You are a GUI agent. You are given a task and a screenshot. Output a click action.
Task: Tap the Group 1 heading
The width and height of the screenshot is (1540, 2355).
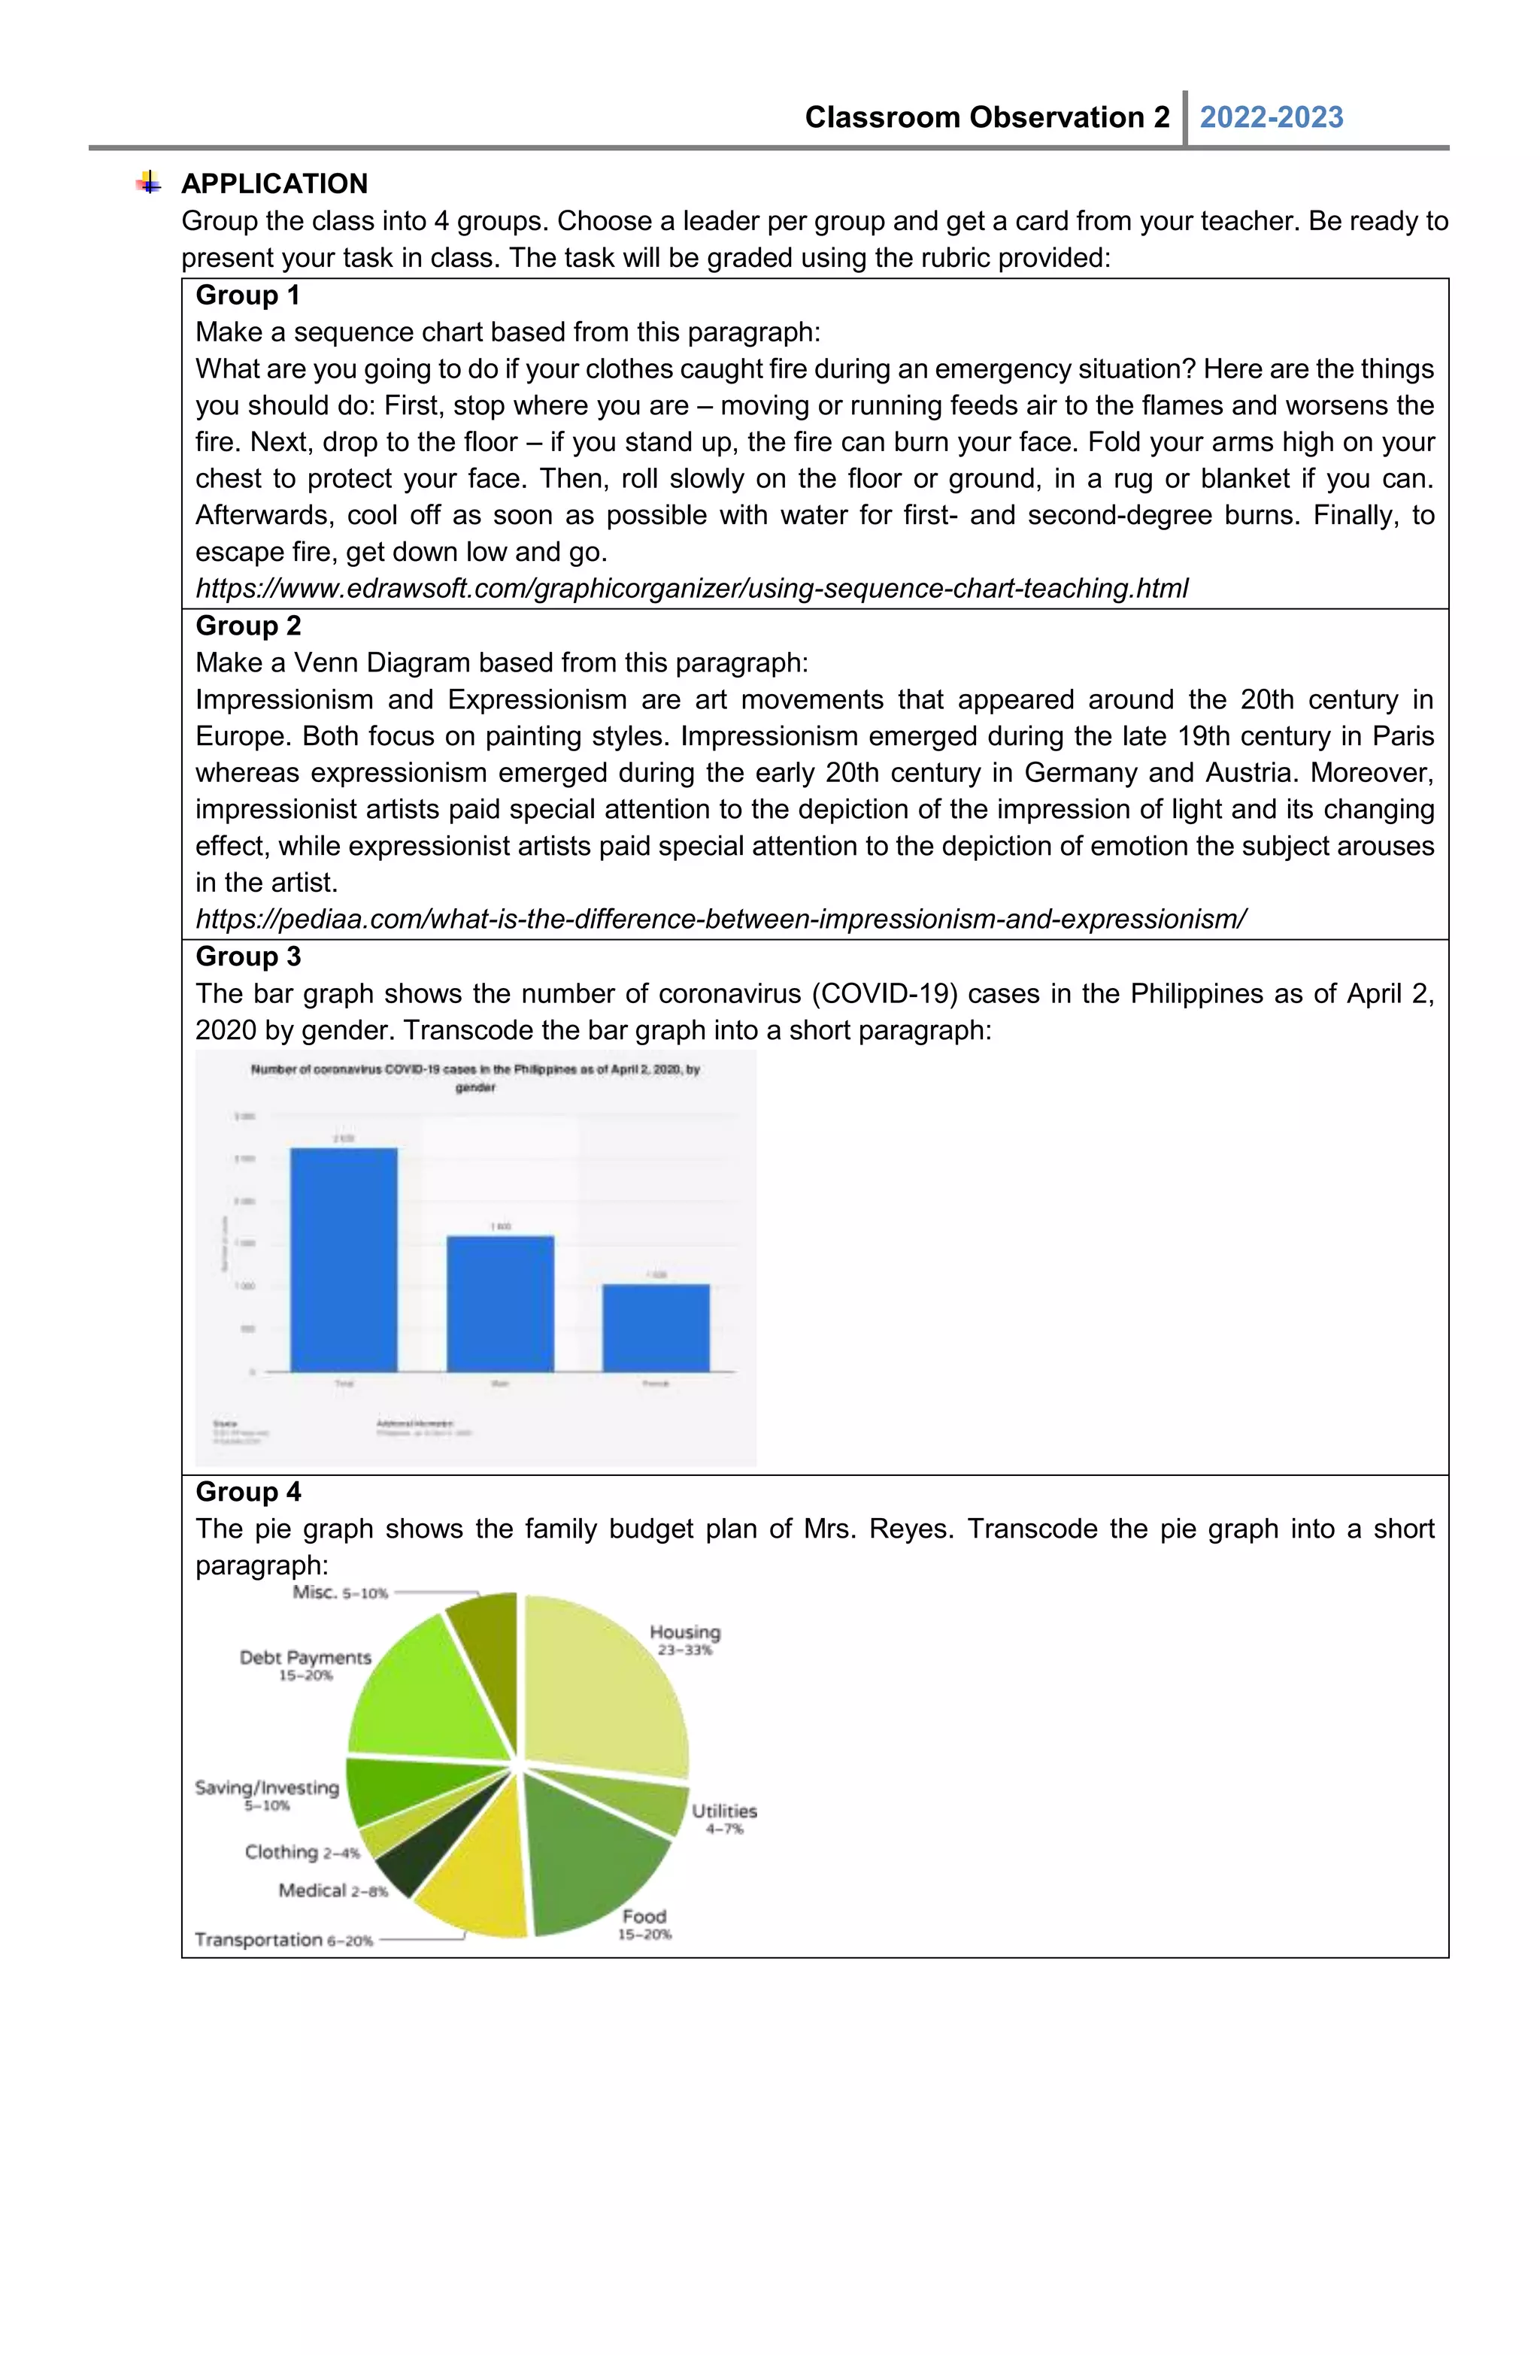coord(247,295)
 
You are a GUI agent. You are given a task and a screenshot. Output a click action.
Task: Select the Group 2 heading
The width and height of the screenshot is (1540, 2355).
coord(247,626)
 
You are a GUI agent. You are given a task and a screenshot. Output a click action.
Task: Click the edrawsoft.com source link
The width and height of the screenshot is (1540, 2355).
coord(691,588)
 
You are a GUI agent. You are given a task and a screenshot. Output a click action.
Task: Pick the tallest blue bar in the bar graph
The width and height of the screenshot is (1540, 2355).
coord(344,1259)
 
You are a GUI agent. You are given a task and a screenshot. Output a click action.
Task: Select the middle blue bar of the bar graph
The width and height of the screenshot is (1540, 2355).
coord(500,1303)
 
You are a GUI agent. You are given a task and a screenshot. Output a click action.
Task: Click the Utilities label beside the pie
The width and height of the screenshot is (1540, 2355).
coord(723,1810)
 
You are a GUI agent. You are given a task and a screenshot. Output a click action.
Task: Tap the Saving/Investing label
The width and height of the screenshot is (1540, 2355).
coord(266,1787)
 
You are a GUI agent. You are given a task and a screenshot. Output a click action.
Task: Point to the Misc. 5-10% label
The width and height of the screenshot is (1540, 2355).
coord(339,1592)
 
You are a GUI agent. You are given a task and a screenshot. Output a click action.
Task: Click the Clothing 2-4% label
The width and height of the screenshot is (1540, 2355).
coord(302,1851)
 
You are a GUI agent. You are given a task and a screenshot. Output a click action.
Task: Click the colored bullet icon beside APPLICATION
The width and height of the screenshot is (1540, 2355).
coord(148,182)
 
